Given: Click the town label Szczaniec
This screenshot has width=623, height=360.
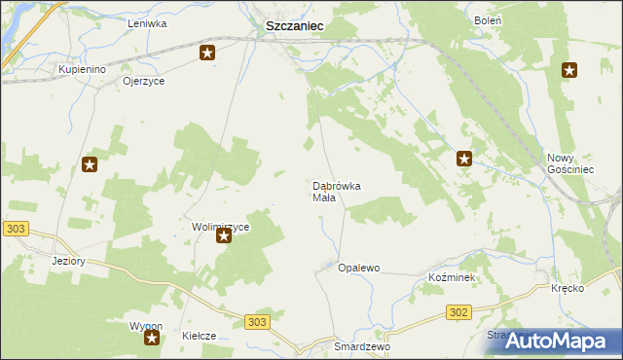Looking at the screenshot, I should tap(295, 29).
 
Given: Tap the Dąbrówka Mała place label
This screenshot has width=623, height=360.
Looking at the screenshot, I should tap(337, 192).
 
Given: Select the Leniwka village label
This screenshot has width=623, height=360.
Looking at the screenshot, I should tap(147, 21).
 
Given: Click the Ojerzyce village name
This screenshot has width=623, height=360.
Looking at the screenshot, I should tap(144, 82).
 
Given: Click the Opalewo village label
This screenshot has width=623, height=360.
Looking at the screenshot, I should tap(358, 268).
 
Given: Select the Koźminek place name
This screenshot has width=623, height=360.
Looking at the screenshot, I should tap(451, 277).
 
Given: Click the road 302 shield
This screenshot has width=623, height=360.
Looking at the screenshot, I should tap(459, 312).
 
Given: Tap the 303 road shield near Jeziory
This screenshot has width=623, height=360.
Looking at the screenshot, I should tap(15, 228).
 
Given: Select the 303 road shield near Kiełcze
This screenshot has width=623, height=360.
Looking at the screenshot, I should tap(256, 322).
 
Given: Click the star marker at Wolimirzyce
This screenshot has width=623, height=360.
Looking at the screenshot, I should tap(224, 234).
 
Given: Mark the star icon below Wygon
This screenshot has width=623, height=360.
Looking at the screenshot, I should tap(152, 338).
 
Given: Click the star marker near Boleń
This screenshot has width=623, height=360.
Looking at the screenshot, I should tap(569, 70).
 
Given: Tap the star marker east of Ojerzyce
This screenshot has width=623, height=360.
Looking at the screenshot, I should tap(207, 53).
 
